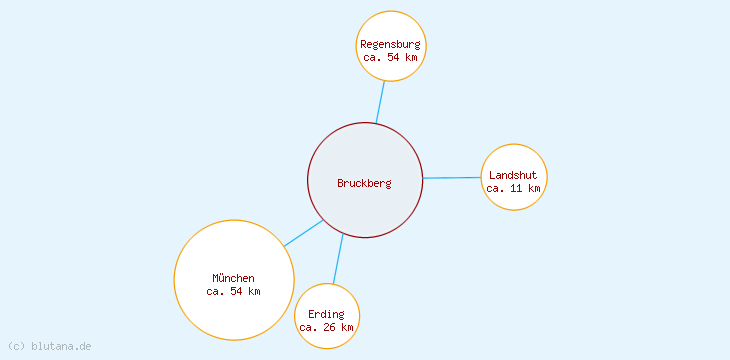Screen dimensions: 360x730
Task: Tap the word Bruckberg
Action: [x=364, y=183]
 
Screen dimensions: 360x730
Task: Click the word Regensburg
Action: [x=390, y=44]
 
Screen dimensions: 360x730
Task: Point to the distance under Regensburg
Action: [x=390, y=58]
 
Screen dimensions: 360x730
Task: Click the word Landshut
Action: [x=513, y=175]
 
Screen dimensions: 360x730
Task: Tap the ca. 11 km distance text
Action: [x=513, y=188]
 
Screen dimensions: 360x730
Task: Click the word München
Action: [x=233, y=278]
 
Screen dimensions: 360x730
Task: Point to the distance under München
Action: [x=233, y=292]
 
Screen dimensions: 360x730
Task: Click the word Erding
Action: [x=326, y=314]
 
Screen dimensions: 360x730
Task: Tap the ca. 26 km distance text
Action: [x=326, y=327]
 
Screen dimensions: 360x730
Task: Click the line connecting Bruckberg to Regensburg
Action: [x=380, y=101]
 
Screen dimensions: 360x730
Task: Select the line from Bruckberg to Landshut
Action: [x=451, y=178]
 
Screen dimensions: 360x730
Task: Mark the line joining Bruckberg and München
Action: [x=303, y=233]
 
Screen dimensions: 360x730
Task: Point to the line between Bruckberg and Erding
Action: [x=338, y=259]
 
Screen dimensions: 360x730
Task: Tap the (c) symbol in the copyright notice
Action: [x=15, y=346]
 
